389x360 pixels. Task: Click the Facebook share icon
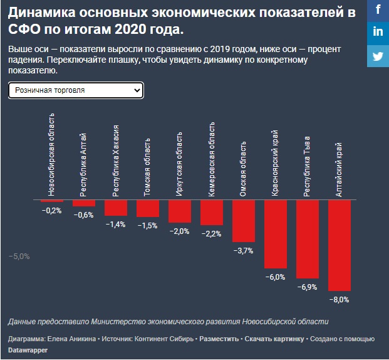378,11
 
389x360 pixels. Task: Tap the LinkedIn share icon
378,32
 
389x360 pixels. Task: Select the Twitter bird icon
378,55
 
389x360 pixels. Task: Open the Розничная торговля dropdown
76,90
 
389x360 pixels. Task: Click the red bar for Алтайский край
339,245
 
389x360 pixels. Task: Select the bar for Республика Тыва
307,239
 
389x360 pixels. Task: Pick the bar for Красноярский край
275,234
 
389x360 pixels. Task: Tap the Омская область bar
243,221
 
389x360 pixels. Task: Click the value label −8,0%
339,300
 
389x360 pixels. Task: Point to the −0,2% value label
52,211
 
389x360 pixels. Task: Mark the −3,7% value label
243,251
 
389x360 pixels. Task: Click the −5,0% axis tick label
19,256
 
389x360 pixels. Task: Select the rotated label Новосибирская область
52,154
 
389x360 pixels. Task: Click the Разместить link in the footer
219,339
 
